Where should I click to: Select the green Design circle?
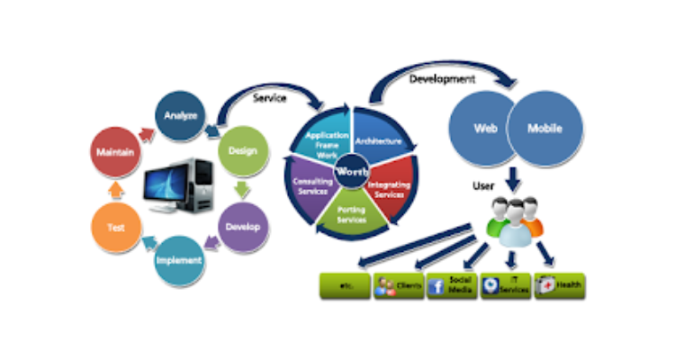237,151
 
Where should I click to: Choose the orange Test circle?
116,229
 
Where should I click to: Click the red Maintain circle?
116,152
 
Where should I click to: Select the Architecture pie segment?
378,140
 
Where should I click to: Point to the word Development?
443,79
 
